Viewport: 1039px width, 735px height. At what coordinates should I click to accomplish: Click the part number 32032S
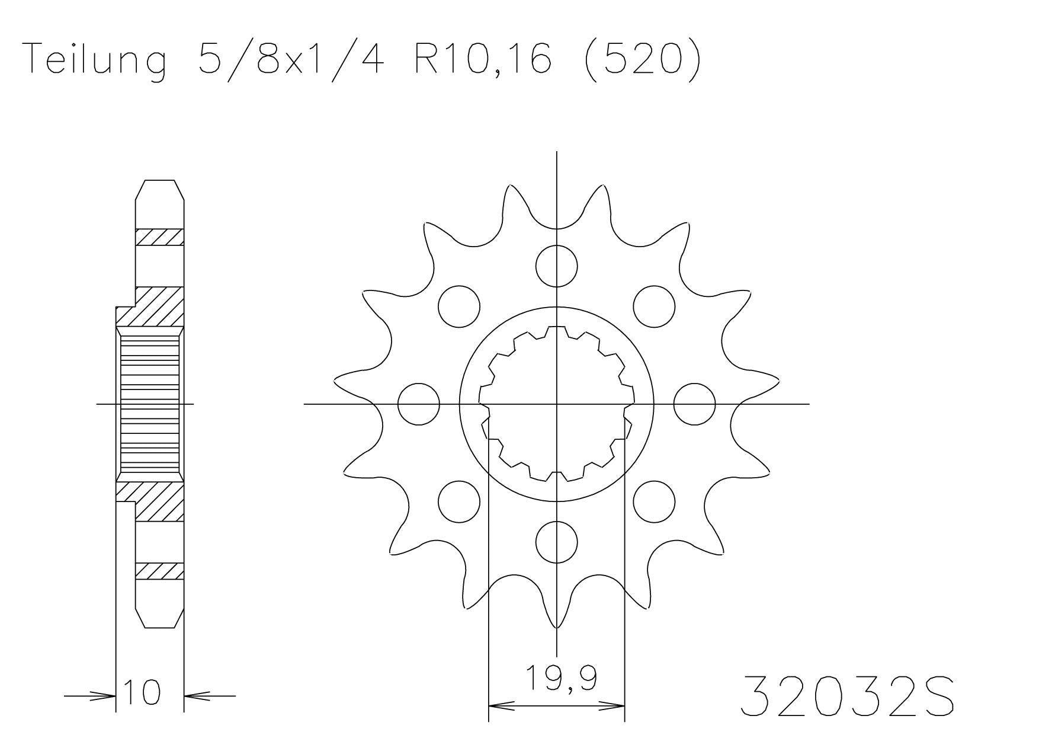pos(847,695)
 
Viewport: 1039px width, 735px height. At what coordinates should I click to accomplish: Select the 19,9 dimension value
pos(560,679)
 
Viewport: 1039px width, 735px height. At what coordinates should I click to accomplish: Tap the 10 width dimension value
pos(142,692)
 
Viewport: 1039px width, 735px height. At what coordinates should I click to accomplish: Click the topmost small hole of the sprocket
pos(556,266)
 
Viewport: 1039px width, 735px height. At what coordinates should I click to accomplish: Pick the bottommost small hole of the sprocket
pos(556,542)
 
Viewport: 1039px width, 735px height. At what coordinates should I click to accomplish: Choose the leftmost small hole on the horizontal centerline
pos(419,404)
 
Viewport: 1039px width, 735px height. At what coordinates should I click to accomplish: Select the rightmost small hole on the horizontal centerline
pos(694,404)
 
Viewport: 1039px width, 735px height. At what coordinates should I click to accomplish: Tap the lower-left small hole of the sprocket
pos(459,501)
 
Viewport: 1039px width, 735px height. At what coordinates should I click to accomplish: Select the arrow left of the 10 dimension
pos(89,696)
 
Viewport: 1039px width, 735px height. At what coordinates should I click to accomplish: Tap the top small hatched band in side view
pos(159,237)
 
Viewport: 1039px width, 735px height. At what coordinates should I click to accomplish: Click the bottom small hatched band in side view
pos(159,571)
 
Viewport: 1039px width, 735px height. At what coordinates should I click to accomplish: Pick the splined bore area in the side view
pos(149,404)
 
